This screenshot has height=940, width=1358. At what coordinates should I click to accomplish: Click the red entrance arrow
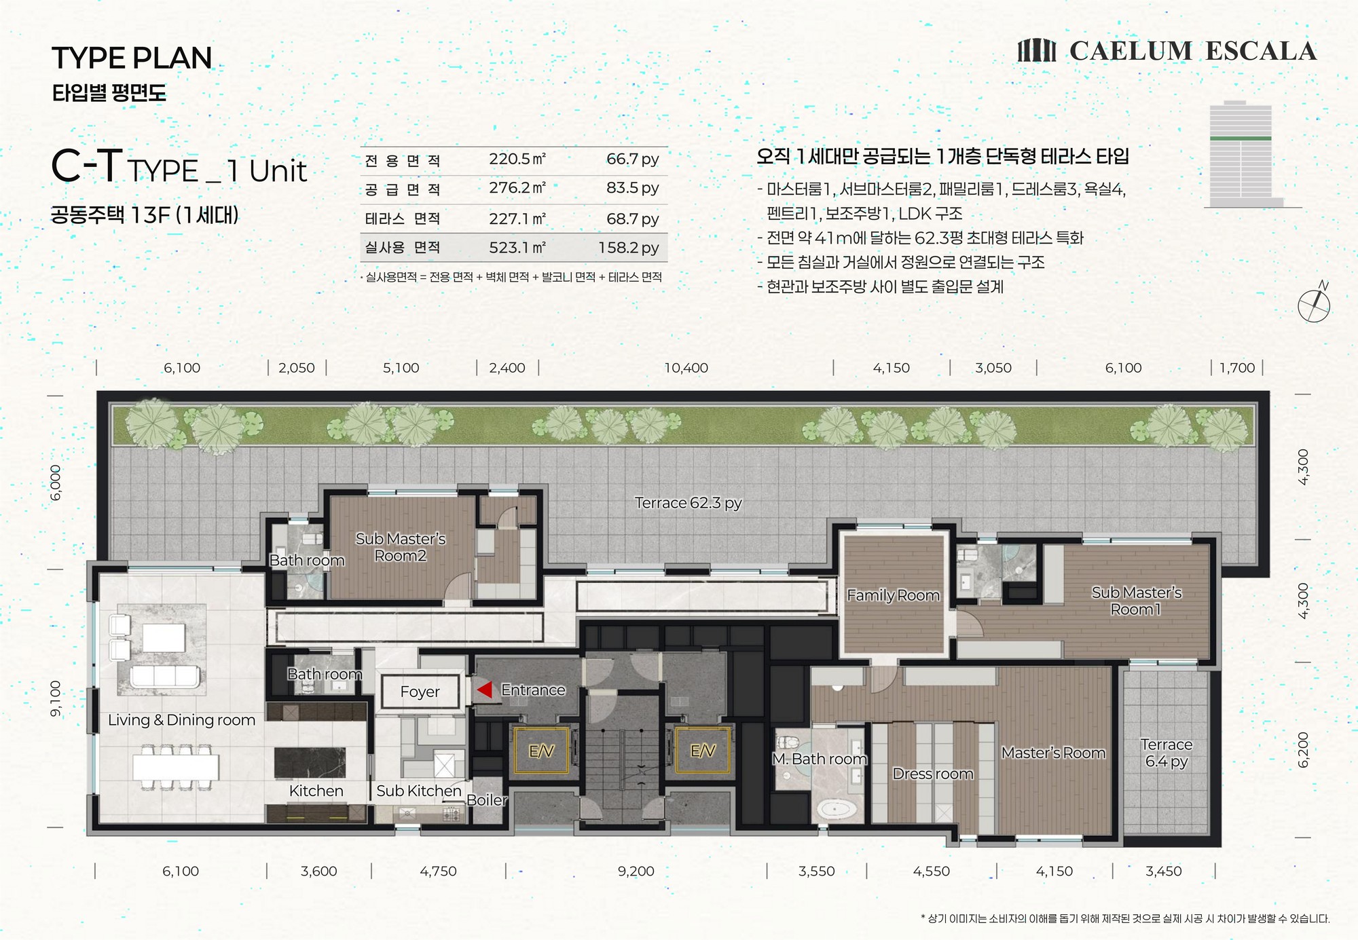click(x=484, y=690)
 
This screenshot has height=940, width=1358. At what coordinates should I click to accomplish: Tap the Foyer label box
click(x=420, y=692)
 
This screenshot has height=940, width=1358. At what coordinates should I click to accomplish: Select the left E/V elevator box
click(x=541, y=751)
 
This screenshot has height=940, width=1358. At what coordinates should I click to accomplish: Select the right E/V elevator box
click(x=703, y=751)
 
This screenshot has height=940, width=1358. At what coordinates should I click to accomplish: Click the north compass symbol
click(x=1315, y=303)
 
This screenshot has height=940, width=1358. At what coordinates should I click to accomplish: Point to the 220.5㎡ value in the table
click(x=517, y=159)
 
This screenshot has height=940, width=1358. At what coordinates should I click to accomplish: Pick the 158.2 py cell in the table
click(x=629, y=248)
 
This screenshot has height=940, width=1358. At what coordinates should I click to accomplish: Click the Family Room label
click(x=893, y=595)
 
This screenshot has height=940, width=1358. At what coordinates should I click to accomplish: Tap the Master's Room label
click(x=1053, y=753)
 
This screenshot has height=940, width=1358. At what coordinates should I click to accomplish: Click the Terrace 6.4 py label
click(x=1167, y=753)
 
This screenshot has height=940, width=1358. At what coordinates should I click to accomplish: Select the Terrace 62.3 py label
click(x=688, y=503)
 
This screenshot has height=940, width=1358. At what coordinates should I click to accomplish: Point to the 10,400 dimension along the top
click(x=686, y=368)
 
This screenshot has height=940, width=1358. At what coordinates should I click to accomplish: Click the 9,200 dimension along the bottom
click(x=636, y=871)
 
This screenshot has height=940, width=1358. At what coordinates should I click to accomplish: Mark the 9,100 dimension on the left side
click(x=56, y=698)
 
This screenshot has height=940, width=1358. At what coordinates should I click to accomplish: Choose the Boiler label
click(x=487, y=800)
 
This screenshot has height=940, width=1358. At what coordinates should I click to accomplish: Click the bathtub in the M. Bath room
click(x=835, y=809)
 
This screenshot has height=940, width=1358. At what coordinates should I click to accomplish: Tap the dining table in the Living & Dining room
click(x=176, y=767)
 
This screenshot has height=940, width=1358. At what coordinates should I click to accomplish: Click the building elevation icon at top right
click(x=1244, y=155)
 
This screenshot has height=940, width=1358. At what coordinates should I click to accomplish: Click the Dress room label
click(x=933, y=774)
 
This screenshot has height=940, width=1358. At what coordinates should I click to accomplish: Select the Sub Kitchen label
click(x=419, y=791)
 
